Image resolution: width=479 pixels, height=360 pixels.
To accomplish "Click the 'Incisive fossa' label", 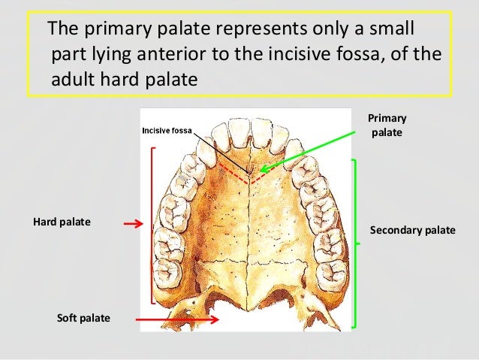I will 167,131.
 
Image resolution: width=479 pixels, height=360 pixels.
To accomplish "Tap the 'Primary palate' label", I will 387,126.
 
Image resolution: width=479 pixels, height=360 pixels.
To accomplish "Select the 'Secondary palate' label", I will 413,230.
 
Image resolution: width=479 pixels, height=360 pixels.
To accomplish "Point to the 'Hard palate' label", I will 61,222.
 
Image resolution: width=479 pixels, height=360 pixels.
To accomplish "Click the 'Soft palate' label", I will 83,319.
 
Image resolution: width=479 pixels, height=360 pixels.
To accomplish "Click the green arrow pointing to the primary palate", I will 308,150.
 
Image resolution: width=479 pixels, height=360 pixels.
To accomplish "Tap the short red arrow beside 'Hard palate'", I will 133,224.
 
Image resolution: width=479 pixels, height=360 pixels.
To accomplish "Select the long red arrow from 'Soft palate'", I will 176,319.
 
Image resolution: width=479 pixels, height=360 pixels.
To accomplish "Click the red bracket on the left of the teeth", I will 152,225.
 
